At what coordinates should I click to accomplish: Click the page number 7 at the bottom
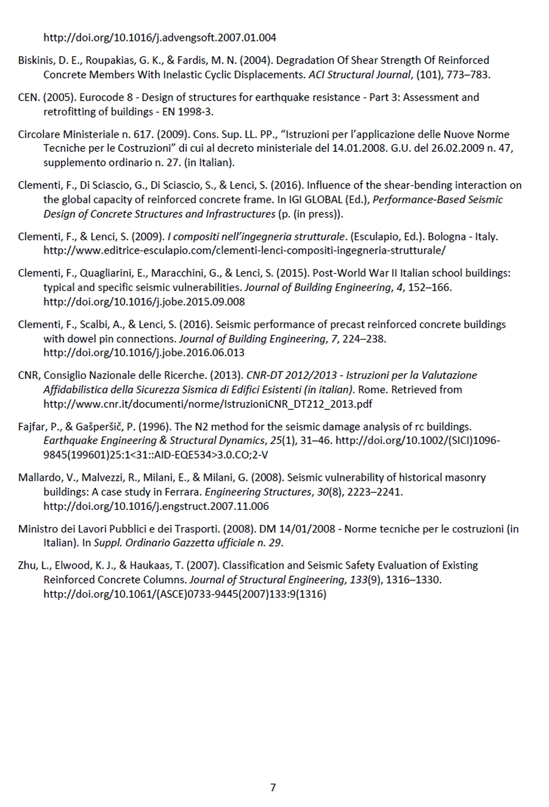[273, 787]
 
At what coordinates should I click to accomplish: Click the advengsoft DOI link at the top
[159, 38]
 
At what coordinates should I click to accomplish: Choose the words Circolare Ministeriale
[68, 135]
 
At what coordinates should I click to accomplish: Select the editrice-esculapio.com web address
[244, 251]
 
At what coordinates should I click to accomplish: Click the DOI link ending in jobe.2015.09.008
[144, 302]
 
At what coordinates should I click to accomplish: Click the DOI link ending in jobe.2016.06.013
[144, 353]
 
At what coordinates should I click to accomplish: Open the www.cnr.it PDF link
[207, 404]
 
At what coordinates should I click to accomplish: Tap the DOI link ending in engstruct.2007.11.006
[156, 506]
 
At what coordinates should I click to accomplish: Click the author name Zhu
[27, 565]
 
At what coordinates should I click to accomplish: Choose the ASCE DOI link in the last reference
[184, 594]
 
